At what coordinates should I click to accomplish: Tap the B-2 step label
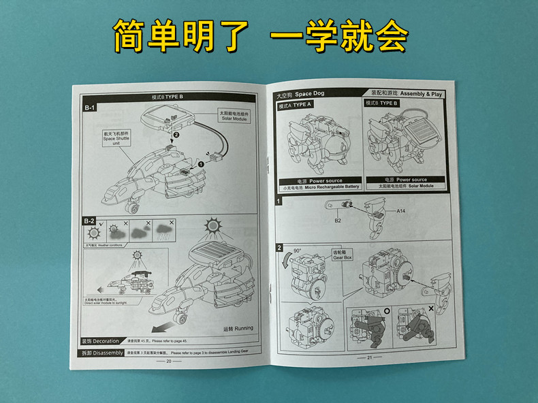(x=90, y=221)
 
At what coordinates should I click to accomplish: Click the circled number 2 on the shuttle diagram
(x=176, y=135)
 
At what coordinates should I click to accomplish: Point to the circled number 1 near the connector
(x=201, y=163)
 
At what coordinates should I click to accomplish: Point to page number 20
(x=169, y=361)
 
